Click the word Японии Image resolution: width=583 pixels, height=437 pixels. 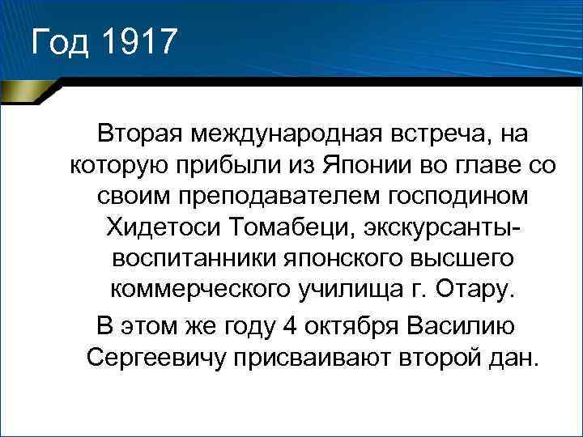click(x=351, y=164)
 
